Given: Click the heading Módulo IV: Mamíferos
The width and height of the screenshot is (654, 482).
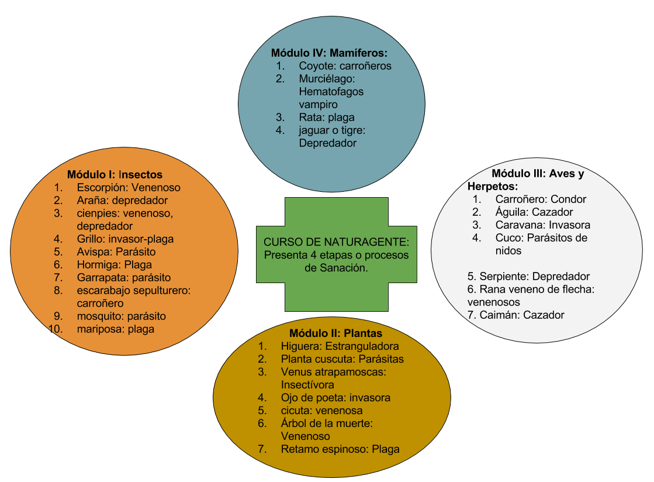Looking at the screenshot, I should coord(329,53).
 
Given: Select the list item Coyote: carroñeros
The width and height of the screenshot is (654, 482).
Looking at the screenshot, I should coord(345,66).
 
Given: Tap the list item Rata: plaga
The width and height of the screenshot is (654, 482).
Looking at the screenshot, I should coord(327,117).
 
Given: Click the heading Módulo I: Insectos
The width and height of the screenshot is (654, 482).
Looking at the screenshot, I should coord(115,174).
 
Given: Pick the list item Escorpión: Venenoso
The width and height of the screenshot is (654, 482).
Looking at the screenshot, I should coord(129,188).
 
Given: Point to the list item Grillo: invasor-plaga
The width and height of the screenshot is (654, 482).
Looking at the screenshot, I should coord(125,239).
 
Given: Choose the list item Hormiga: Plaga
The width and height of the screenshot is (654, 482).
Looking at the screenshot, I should coord(114,264).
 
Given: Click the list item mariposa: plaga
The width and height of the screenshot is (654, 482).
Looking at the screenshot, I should coord(115,329).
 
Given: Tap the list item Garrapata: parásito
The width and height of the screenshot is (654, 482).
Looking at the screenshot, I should coord(124,277).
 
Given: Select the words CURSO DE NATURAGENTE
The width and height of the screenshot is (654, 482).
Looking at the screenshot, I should coord(335,242).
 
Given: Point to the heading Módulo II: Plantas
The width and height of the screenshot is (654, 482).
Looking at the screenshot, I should coord(335,333).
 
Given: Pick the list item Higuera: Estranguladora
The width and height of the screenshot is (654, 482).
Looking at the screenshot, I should coord(340,346).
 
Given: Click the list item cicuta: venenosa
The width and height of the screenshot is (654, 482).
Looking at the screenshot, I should coord(321,410).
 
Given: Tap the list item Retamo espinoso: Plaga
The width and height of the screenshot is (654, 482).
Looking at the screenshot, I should coord(340,449).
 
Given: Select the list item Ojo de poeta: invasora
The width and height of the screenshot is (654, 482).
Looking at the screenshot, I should coord(335,397).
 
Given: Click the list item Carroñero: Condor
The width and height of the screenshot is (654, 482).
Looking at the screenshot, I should coord(541,199).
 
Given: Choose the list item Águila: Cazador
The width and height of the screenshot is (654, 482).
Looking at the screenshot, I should coord(534,212).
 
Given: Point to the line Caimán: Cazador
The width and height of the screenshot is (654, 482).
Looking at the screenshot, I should coord(516,315).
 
